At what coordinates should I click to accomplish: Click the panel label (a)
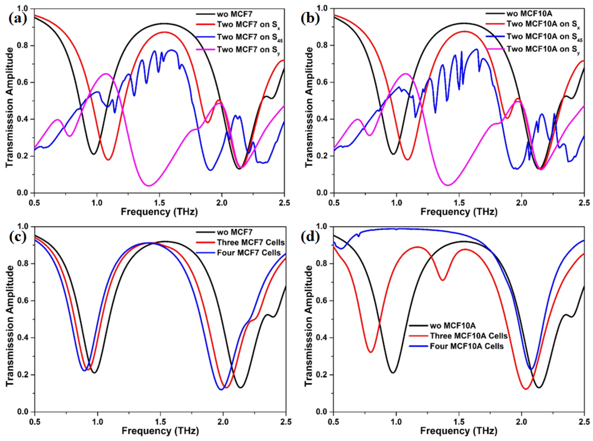(18, 19)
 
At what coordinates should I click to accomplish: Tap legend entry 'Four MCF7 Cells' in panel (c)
(249, 253)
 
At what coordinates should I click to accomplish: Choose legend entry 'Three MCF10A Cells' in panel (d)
(468, 336)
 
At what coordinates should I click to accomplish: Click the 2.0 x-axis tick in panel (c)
(223, 422)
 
